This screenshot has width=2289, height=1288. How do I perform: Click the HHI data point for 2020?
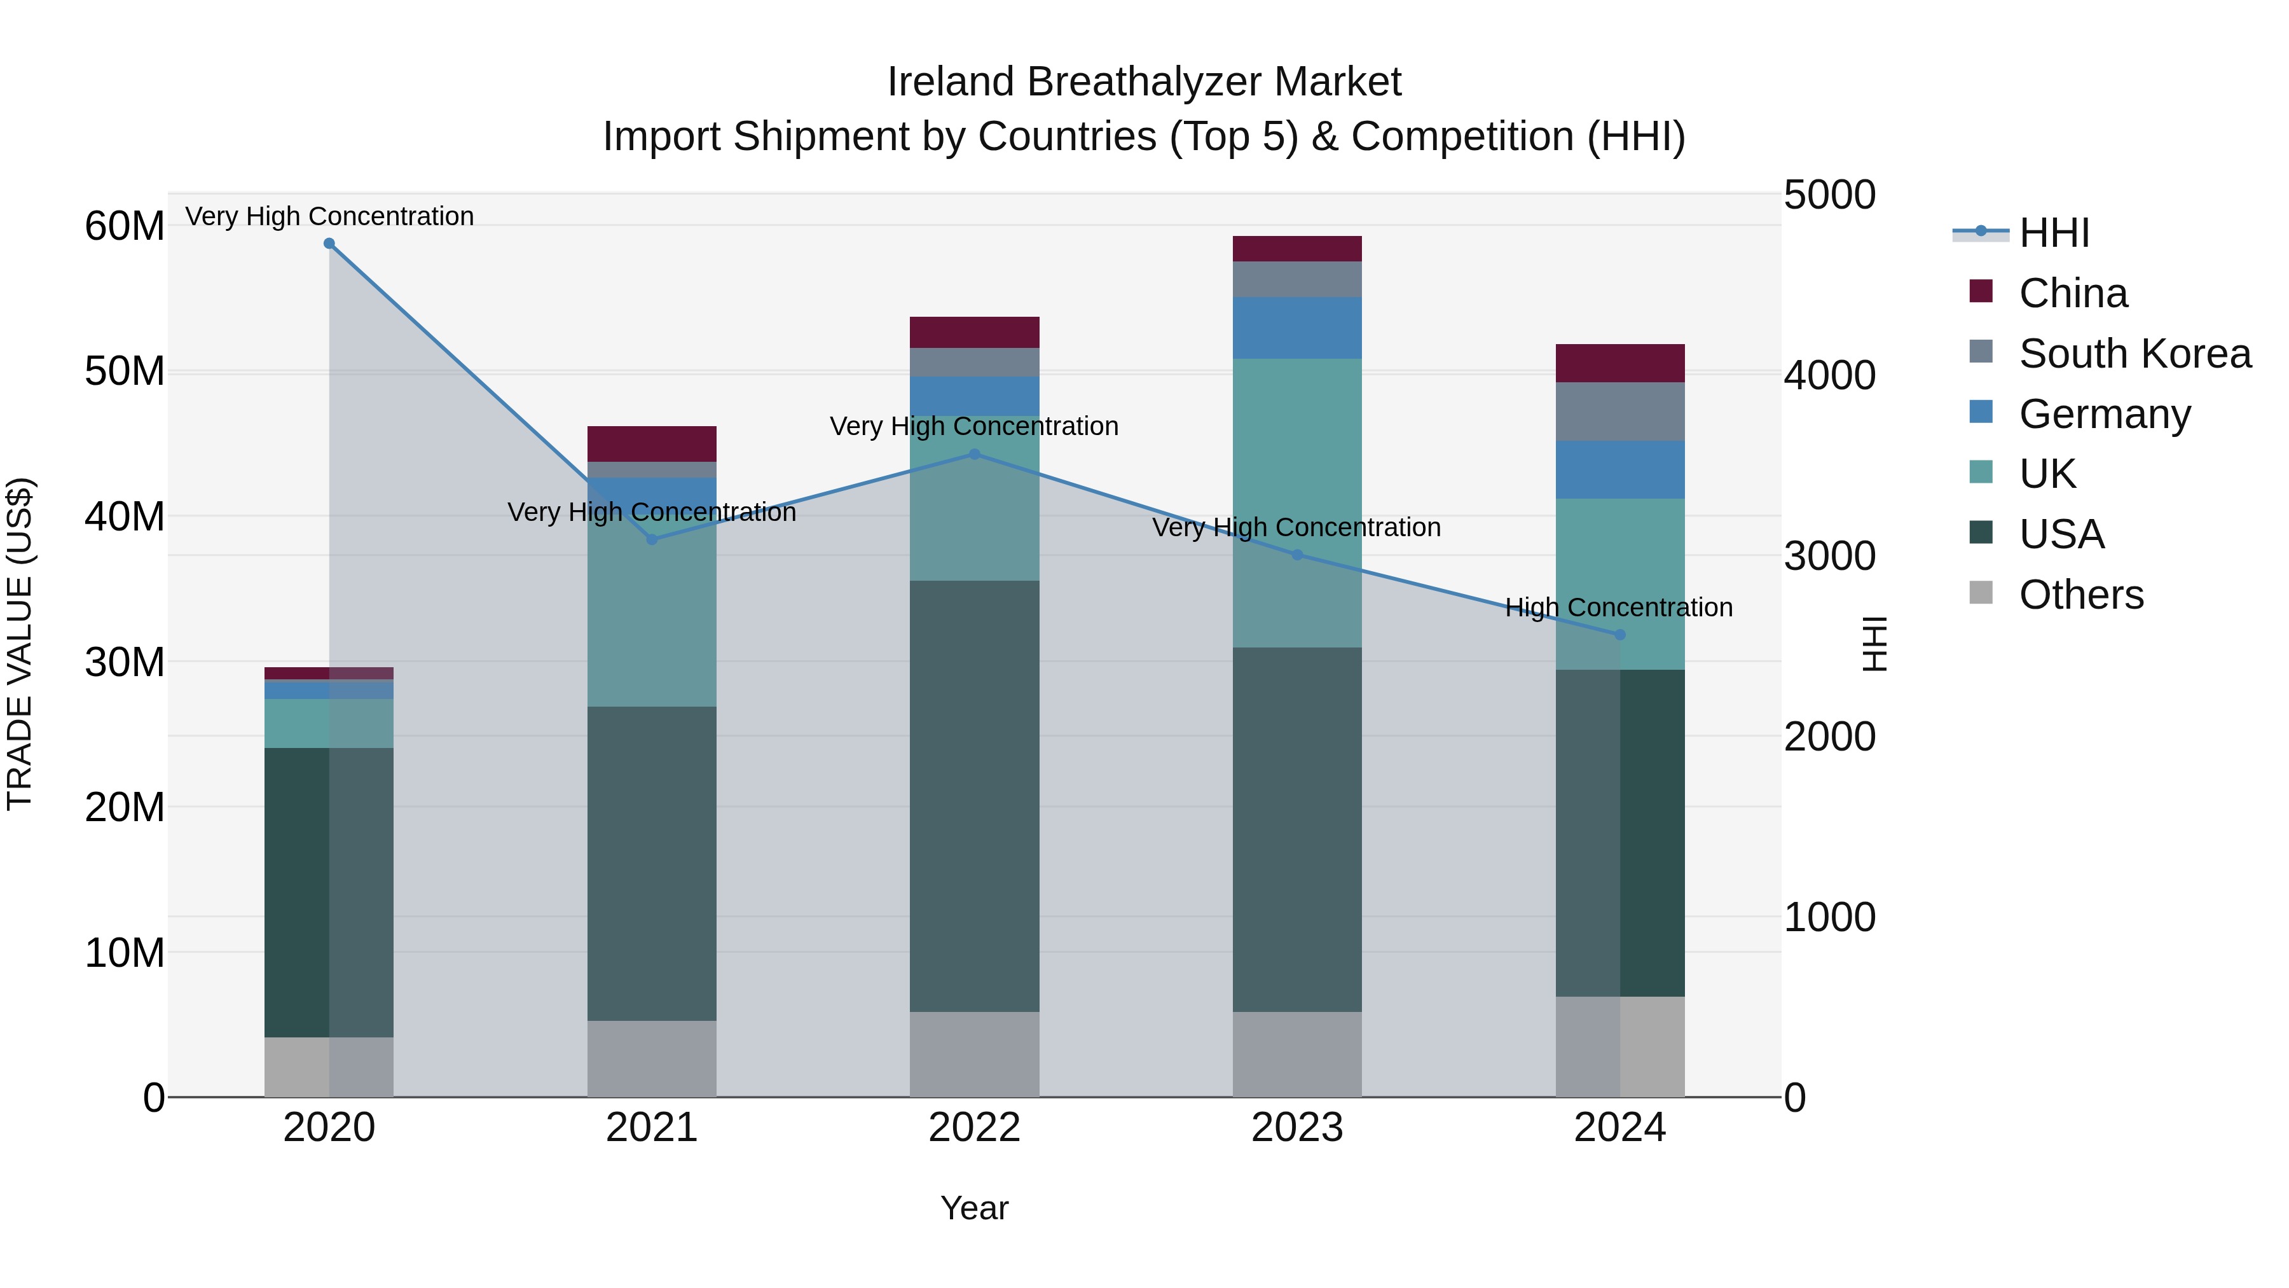[329, 244]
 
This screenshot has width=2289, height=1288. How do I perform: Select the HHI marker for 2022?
[974, 454]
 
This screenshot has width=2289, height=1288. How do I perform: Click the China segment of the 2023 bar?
[1296, 249]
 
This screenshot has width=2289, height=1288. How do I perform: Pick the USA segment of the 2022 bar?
[974, 796]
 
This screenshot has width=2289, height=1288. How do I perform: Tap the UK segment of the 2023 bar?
[1296, 502]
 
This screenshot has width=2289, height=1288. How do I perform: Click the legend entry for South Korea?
[2134, 354]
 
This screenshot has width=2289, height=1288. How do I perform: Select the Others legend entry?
[2080, 595]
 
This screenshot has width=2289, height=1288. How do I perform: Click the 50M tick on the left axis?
[125, 371]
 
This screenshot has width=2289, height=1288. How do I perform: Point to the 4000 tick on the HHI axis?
[1829, 375]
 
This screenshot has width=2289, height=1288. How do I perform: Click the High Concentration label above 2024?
[1618, 607]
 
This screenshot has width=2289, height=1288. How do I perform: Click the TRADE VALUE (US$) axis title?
[20, 644]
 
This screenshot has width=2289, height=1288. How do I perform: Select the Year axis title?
[974, 1208]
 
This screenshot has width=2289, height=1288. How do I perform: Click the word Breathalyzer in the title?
[1144, 82]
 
